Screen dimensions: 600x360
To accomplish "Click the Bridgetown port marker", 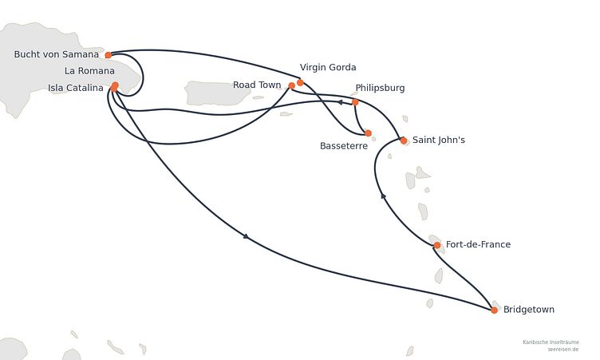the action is tap(494, 310).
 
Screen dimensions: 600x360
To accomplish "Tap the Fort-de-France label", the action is tap(478, 244).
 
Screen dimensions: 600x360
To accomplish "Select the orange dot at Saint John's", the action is tap(403, 140).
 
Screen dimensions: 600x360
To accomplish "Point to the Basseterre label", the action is tap(344, 146).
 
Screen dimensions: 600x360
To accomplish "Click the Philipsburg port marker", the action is tap(355, 102).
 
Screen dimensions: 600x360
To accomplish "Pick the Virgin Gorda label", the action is tap(328, 67).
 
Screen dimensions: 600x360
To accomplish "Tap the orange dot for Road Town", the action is tap(291, 85).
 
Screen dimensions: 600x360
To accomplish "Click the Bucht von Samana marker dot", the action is tap(109, 55).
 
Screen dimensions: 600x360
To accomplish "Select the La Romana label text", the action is tap(89, 71).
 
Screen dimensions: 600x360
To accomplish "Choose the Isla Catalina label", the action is tap(75, 88).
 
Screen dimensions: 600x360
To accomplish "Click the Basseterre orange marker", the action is tap(368, 133).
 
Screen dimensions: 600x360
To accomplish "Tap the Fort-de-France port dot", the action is tap(437, 245).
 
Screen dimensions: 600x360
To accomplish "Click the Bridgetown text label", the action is tap(529, 310).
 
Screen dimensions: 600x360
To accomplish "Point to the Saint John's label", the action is tap(439, 140).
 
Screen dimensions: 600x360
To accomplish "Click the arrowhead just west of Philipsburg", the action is tap(339, 102).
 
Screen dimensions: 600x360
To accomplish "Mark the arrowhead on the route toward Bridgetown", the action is tap(246, 237).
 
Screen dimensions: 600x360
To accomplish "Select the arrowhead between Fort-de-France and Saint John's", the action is tap(383, 196).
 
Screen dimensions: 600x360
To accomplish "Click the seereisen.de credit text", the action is tap(562, 350).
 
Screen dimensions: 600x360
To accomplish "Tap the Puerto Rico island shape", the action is tap(218, 93).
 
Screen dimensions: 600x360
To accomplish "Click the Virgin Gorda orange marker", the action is tap(300, 82).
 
